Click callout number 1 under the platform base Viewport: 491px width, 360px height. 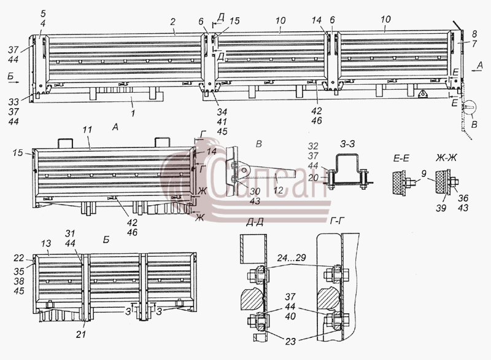[133, 112]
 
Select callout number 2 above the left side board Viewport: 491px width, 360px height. [173, 22]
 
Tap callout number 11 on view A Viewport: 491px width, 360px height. [88, 130]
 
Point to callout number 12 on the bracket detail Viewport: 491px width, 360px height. [279, 190]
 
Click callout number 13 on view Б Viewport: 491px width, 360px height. [45, 243]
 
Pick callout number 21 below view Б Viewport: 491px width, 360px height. [81, 335]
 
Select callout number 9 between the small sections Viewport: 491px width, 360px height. [423, 173]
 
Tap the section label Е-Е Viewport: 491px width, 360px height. [401, 158]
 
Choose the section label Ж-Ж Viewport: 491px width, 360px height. [446, 158]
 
